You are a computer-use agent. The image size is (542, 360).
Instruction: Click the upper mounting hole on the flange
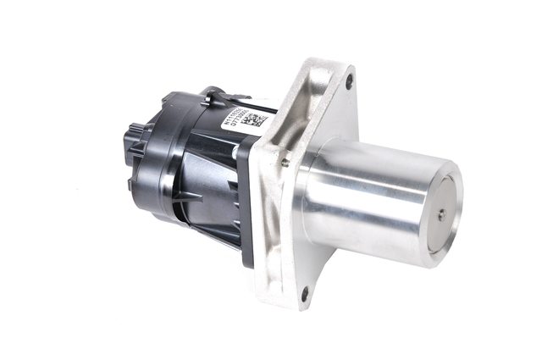pyautogui.click(x=349, y=82)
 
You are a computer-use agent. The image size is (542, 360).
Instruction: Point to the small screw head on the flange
pyautogui.click(x=285, y=162)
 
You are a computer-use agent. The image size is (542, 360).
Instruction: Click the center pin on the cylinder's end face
pyautogui.click(x=441, y=215)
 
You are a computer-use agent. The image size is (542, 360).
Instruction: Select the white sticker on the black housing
pyautogui.click(x=241, y=121)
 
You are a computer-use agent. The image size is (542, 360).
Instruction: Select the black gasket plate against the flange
pyautogui.click(x=247, y=203)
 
